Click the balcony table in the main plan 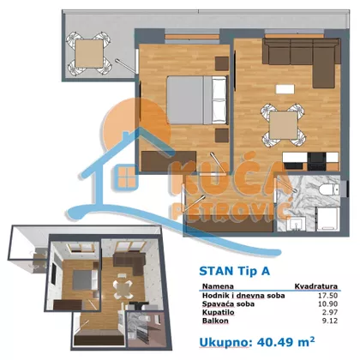click(x=89, y=53)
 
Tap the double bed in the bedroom click(x=197, y=99)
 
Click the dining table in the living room click(x=284, y=125)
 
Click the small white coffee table click(x=285, y=88)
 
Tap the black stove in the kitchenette click(x=316, y=161)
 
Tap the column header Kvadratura click(x=316, y=286)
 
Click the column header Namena click(x=218, y=286)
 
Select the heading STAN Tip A click(x=234, y=271)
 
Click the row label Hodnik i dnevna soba click(x=243, y=296)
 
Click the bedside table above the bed click(x=222, y=63)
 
